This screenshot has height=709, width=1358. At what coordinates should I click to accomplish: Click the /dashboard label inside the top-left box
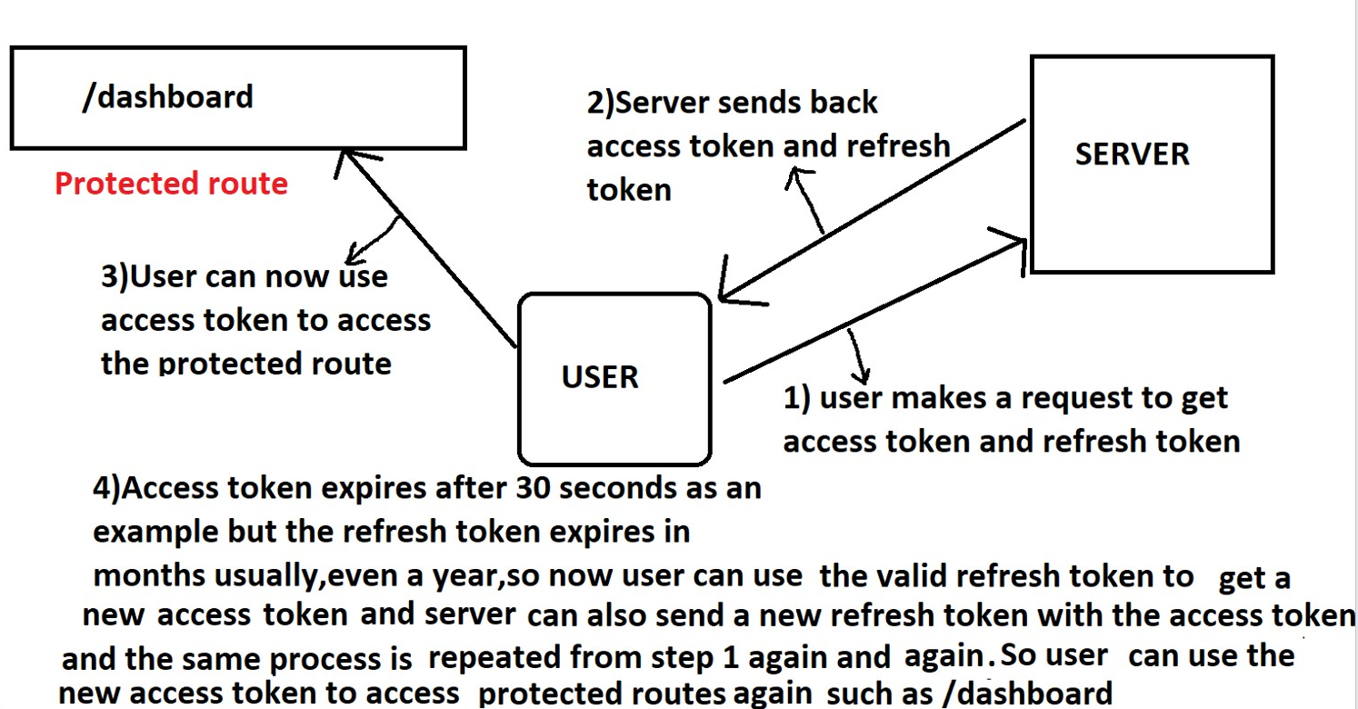point(167,96)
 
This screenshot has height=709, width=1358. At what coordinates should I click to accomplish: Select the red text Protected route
point(171,184)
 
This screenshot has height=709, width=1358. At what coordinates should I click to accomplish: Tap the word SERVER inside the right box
point(1132,154)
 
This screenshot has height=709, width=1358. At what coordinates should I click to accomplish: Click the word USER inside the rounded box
point(600,376)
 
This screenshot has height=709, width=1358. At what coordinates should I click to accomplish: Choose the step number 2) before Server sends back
point(601,102)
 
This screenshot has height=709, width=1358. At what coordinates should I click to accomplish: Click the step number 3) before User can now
point(115,276)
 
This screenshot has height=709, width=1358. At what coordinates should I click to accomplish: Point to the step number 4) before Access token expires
point(106,488)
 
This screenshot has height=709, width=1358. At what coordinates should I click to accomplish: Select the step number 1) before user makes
point(797,398)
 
